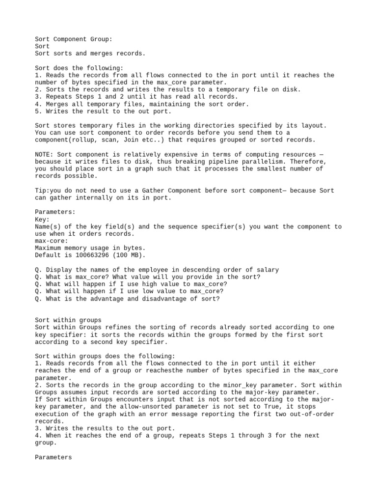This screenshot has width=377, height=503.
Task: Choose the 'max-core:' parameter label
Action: click(52, 241)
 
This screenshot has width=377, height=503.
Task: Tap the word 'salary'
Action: click(267, 270)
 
